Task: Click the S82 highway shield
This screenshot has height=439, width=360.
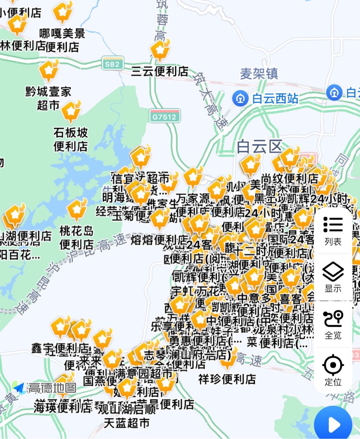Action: pyautogui.click(x=112, y=64)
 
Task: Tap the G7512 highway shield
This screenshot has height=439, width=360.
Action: pyautogui.click(x=164, y=117)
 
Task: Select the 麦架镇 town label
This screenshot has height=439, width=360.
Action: pyautogui.click(x=259, y=74)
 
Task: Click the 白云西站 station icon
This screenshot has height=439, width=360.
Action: pyautogui.click(x=240, y=98)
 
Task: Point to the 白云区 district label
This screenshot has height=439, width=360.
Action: pyautogui.click(x=260, y=146)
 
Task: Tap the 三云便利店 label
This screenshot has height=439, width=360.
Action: pyautogui.click(x=160, y=71)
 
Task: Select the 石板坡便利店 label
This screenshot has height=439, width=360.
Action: pyautogui.click(x=71, y=139)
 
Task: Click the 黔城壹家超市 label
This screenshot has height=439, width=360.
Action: pyautogui.click(x=48, y=98)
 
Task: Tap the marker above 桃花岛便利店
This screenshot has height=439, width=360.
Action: pyautogui.click(x=77, y=209)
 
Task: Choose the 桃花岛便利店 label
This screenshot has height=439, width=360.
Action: pyautogui.click(x=77, y=238)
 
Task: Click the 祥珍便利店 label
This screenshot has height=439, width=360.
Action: pyautogui.click(x=227, y=379)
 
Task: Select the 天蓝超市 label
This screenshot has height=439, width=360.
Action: pyautogui.click(x=127, y=423)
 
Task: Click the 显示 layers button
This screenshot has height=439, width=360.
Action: pyautogui.click(x=333, y=277)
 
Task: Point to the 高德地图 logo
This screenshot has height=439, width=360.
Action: pyautogui.click(x=45, y=388)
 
